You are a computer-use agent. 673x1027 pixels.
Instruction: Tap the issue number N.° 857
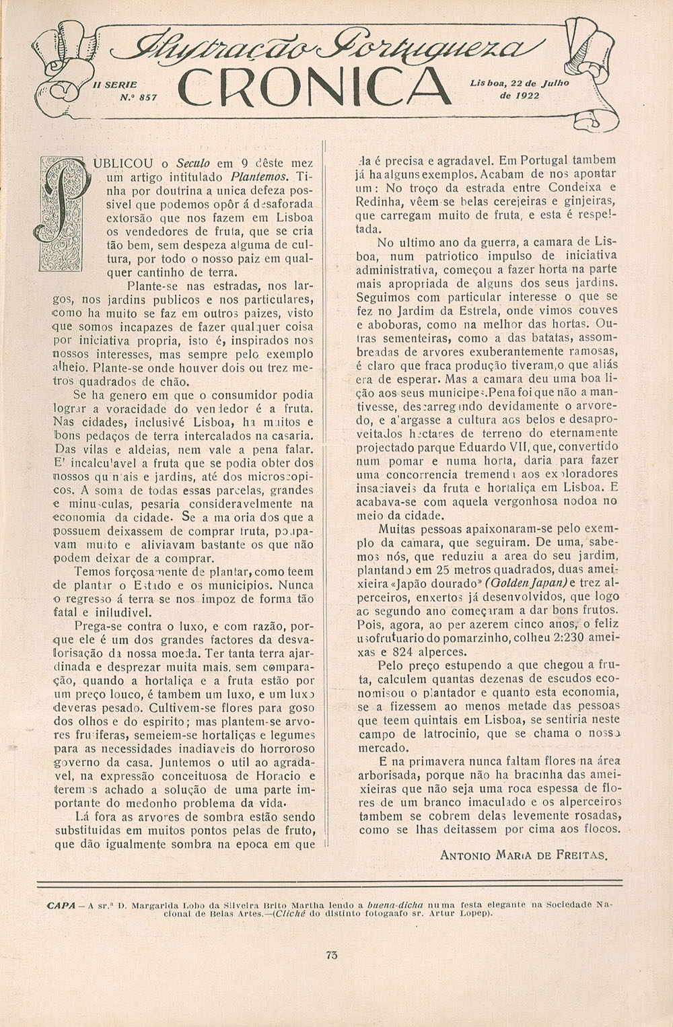click(138, 97)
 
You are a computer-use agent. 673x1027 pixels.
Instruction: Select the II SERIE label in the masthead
click(117, 85)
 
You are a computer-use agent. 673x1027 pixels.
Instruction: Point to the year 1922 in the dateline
click(527, 95)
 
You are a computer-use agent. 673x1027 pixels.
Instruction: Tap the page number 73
click(330, 954)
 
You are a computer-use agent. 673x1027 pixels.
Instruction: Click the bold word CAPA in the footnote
click(61, 905)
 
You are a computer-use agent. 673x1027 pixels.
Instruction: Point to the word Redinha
click(380, 202)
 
